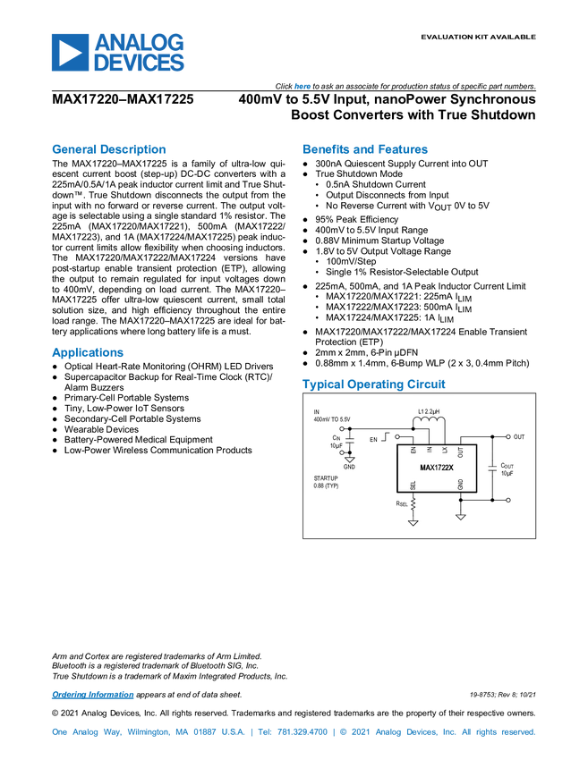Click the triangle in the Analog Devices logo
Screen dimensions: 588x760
coord(69,53)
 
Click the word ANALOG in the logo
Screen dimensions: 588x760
coord(140,41)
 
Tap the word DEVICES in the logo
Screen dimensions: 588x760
coord(140,63)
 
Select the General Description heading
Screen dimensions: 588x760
coord(108,150)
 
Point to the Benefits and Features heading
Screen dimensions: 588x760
coord(365,150)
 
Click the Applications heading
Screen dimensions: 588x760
coord(87,352)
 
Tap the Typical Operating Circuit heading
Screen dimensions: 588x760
coord(374,384)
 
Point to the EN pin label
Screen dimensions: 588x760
coord(413,452)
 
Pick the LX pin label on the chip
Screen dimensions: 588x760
coord(444,452)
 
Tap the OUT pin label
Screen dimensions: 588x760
coord(460,452)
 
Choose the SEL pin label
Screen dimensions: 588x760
coord(413,486)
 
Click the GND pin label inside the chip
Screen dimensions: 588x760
coord(460,485)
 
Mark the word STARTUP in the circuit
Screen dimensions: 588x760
coord(326,478)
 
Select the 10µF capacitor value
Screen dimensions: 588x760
coord(507,473)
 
